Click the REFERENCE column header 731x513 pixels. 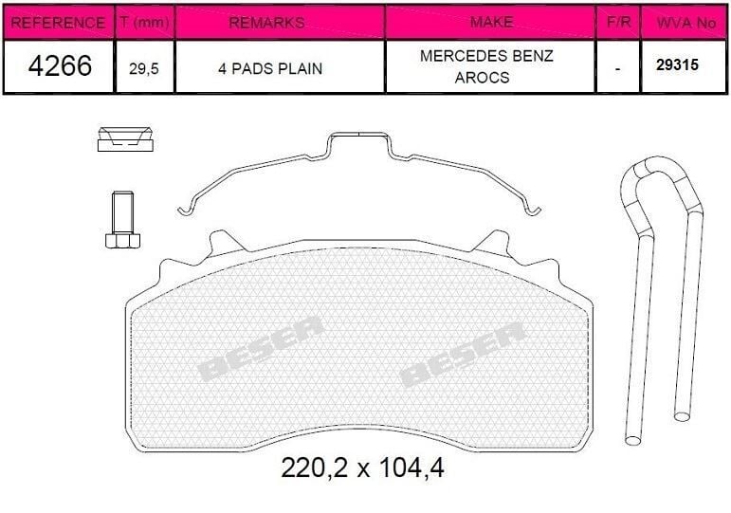click(x=58, y=22)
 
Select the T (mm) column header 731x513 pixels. click(x=145, y=22)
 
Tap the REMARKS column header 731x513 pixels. click(x=280, y=22)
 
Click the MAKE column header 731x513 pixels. click(x=491, y=21)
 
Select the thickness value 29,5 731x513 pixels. click(x=145, y=68)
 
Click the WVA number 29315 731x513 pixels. click(x=675, y=67)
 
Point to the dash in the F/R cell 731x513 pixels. click(x=618, y=68)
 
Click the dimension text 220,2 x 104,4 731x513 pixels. click(x=363, y=468)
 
